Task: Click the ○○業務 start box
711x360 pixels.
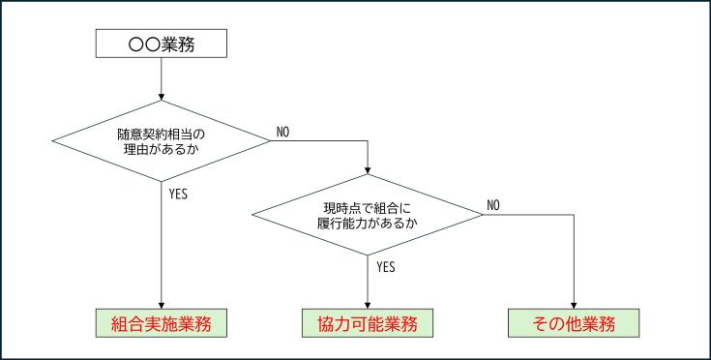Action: [x=161, y=43]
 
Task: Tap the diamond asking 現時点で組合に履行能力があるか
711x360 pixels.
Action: [x=369, y=214]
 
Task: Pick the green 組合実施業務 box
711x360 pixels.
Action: [x=161, y=323]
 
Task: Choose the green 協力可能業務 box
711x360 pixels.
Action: [x=369, y=323]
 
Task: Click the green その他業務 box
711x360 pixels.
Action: [x=575, y=323]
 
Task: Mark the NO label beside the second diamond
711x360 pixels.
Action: [x=493, y=204]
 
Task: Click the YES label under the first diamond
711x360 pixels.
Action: [x=178, y=194]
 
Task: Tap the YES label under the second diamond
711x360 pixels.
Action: [x=386, y=266]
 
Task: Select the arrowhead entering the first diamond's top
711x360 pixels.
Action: [x=161, y=97]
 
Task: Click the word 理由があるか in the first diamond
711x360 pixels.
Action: [x=161, y=151]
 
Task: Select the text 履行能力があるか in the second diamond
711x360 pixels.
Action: [x=369, y=223]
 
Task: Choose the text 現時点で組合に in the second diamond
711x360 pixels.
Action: [x=369, y=206]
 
